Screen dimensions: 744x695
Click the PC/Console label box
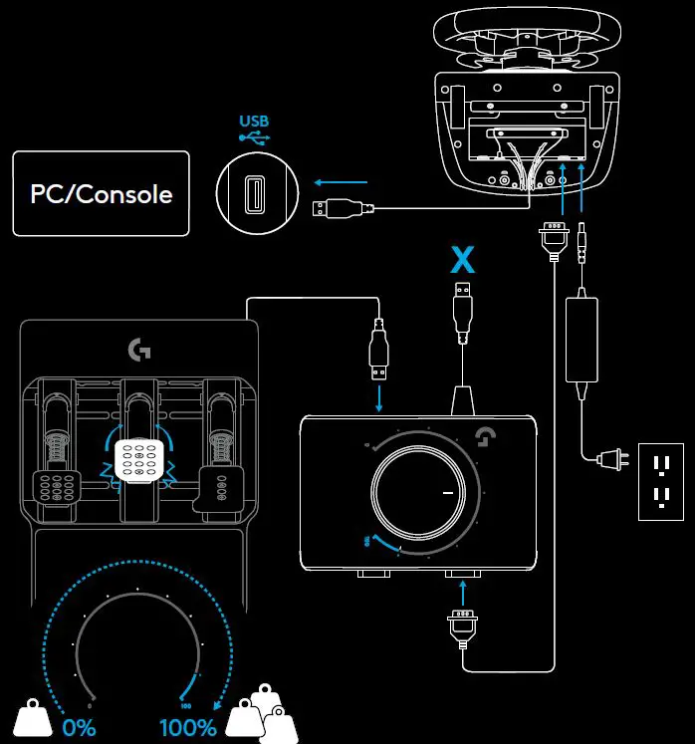101,193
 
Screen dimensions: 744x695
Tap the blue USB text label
254,122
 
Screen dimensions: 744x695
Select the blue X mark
461,260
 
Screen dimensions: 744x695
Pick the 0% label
78,726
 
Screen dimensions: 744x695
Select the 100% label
188,726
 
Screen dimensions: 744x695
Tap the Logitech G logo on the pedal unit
137,350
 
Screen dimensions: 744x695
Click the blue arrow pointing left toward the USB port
340,182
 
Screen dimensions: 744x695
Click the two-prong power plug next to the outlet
605,459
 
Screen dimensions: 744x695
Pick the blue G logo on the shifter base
488,439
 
